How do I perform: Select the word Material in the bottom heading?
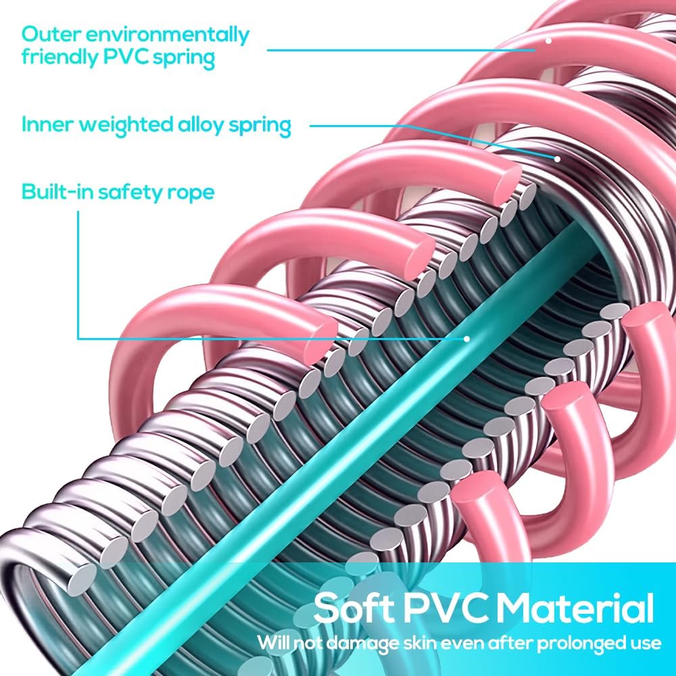click(578, 608)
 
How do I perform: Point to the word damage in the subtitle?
click(362, 644)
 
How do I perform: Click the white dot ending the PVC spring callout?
click(548, 41)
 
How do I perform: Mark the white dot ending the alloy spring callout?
click(557, 159)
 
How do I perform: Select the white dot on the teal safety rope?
click(466, 339)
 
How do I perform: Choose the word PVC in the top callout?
click(125, 56)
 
